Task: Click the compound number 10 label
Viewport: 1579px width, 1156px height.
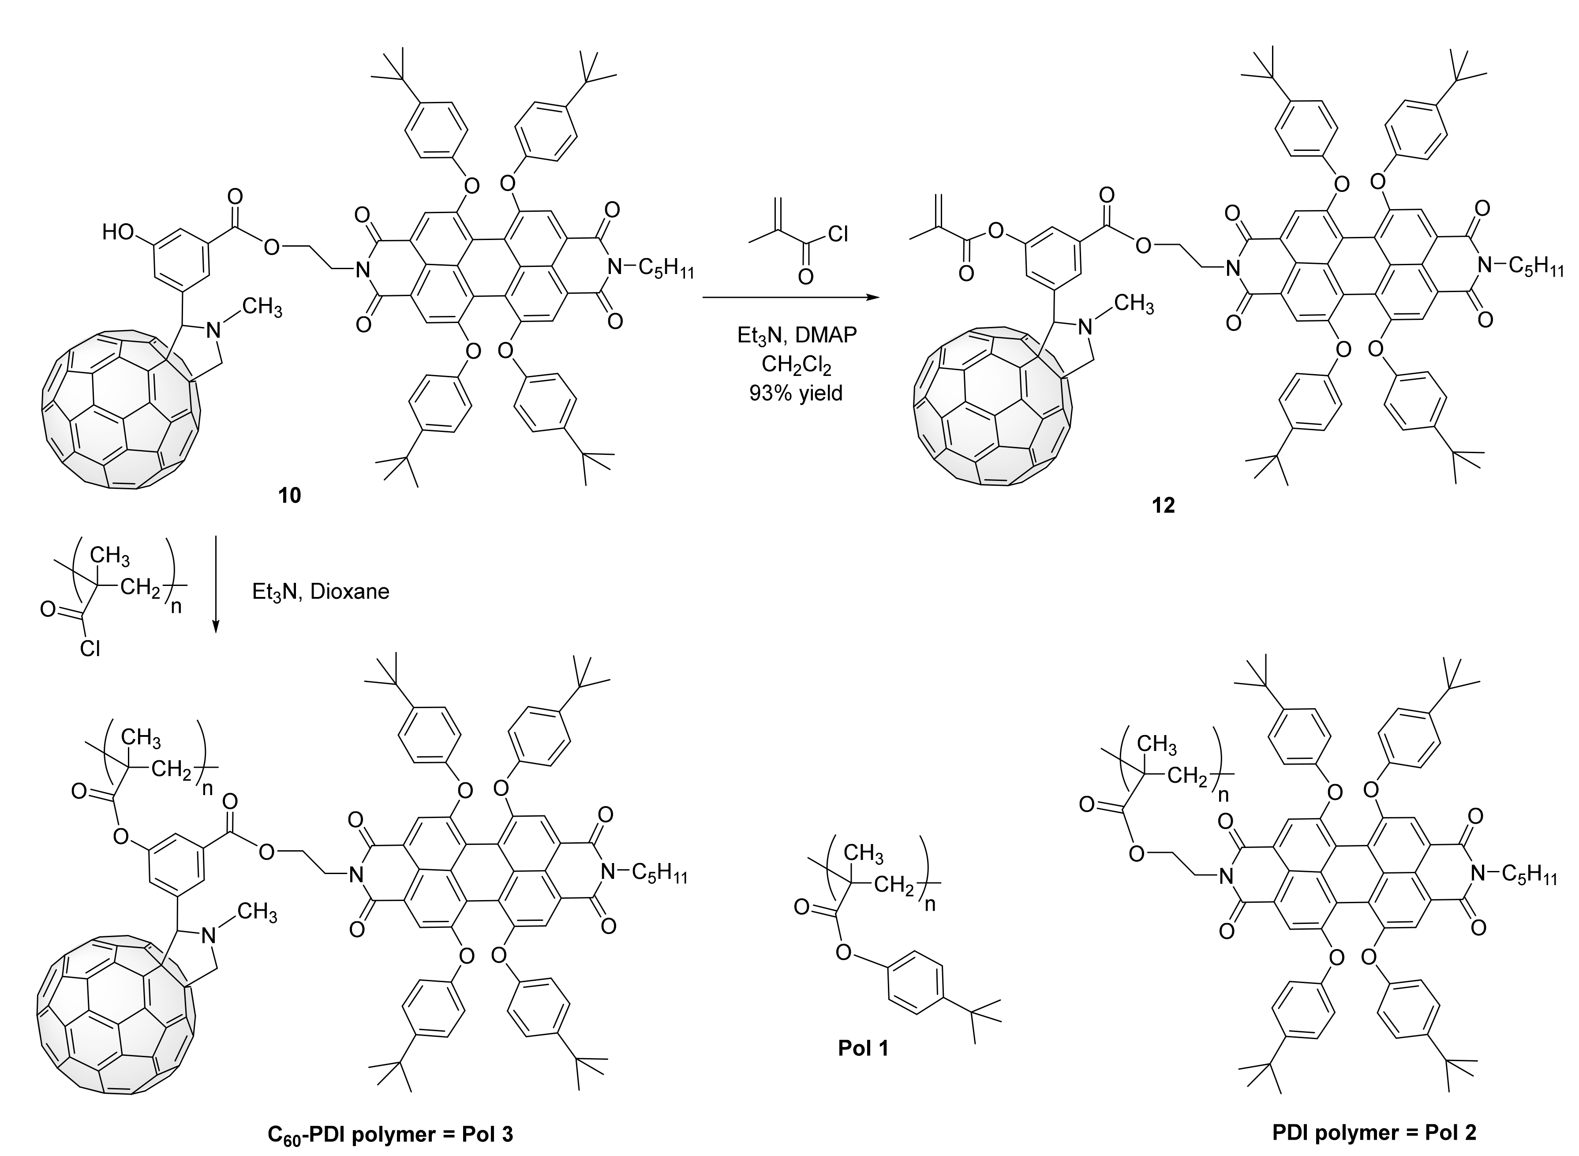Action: coord(290,495)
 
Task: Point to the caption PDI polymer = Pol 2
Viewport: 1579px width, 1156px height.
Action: coord(1374,1132)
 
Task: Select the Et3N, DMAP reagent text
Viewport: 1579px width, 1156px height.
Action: coord(796,335)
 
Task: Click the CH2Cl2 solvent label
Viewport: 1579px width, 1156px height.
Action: coord(796,365)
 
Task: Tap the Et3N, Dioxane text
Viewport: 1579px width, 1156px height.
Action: coord(320,592)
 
